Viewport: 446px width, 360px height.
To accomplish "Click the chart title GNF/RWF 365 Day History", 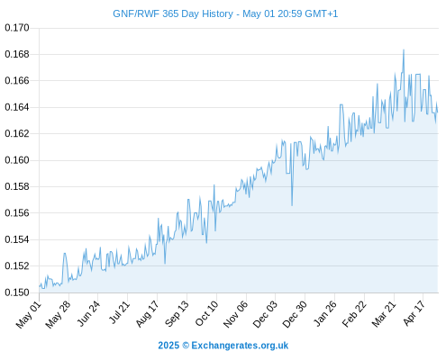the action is click(x=173, y=13).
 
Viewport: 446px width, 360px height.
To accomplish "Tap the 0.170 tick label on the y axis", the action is click(x=17, y=28).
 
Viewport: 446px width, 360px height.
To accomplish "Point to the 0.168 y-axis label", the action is click(x=17, y=54).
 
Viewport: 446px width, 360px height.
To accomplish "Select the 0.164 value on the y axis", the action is click(x=17, y=107).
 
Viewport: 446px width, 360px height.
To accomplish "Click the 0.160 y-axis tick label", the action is click(x=17, y=160).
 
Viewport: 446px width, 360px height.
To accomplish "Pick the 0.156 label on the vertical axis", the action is click(x=17, y=213).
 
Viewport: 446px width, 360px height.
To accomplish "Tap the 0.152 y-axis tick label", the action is click(x=17, y=265).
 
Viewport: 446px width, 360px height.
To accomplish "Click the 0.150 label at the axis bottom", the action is click(x=17, y=292).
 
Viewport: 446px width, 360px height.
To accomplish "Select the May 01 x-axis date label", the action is click(x=29, y=314).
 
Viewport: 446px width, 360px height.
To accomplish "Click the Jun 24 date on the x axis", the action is click(x=88, y=313).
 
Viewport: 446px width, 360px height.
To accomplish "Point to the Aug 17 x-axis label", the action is click(x=147, y=314).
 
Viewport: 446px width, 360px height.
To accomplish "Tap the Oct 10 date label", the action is click(x=206, y=313).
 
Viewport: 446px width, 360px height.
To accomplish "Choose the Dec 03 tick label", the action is click(x=265, y=314).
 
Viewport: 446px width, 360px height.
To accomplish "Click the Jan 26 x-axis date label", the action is click(x=324, y=313).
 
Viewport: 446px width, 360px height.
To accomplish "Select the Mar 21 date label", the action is click(x=384, y=314).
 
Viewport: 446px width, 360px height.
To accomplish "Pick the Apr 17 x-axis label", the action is click(x=414, y=313).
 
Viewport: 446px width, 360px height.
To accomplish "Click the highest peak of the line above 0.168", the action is click(x=404, y=49).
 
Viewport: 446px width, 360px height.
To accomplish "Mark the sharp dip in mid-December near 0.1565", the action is click(x=292, y=205).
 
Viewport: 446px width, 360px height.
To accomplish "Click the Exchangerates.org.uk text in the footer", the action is click(x=240, y=346).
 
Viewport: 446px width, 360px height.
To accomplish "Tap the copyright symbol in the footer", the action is click(x=186, y=346).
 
